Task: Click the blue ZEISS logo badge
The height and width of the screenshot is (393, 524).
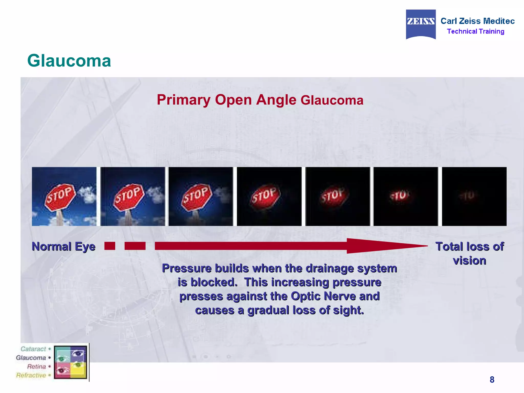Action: pos(421,24)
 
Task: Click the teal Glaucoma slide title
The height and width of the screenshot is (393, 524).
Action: pos(69,61)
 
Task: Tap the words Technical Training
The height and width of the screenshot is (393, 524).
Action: pos(475,31)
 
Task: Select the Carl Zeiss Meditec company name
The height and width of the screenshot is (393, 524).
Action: pos(477,21)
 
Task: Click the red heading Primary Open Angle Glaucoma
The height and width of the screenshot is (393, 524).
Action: pos(260,100)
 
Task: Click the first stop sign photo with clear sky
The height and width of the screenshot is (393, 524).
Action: pos(64,196)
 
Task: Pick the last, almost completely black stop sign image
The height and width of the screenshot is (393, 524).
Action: pos(474,196)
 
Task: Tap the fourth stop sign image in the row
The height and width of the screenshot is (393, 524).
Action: pos(269,196)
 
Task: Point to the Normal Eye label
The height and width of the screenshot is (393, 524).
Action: pos(63,247)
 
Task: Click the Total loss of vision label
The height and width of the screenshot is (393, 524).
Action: pos(470,253)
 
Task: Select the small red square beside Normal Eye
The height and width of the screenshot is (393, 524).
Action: pos(110,246)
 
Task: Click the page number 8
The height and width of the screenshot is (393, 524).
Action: pos(492,379)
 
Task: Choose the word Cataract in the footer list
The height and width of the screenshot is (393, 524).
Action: pos(33,349)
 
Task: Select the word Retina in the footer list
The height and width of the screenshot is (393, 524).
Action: pos(36,366)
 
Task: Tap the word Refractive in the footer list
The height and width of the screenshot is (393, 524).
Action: pos(31,375)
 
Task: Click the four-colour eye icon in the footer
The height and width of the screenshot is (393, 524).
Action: pos(71,362)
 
